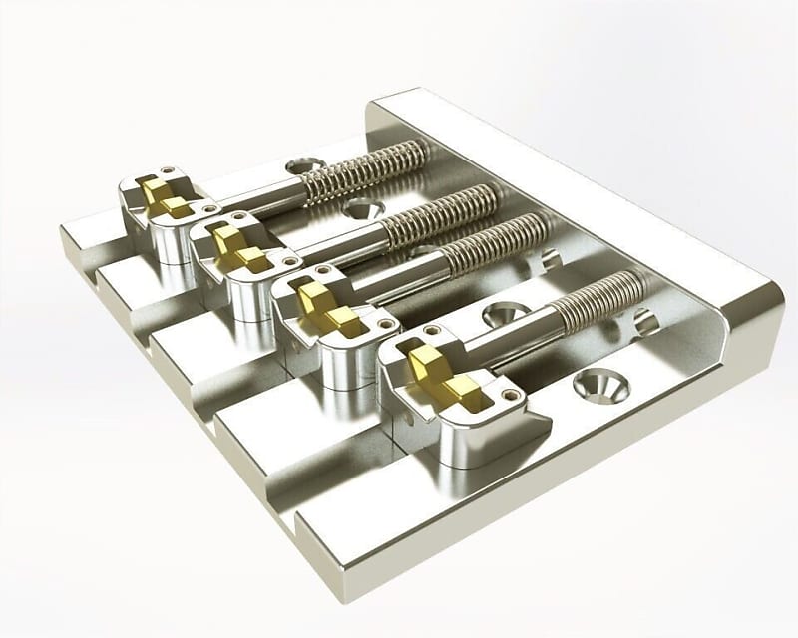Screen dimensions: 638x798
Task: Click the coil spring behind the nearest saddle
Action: tap(598, 300)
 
